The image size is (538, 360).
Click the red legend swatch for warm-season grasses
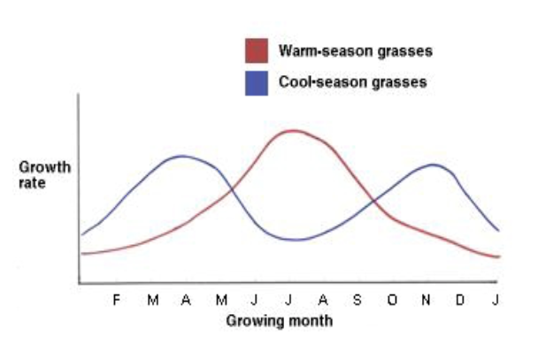click(x=257, y=50)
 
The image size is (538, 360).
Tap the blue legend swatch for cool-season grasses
click(x=257, y=83)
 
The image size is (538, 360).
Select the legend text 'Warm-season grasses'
click(x=356, y=51)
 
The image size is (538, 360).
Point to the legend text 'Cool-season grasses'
click(x=353, y=82)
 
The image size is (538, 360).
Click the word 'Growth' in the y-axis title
click(x=45, y=167)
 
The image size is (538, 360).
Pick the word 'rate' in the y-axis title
click(x=32, y=183)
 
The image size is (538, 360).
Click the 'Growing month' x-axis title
click(x=280, y=321)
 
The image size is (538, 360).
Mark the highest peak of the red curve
click(x=292, y=131)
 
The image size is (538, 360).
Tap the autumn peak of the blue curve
click(x=433, y=165)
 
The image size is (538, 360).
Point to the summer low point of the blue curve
click(x=296, y=240)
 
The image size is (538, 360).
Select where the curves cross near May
click(x=232, y=188)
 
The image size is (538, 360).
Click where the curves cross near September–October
click(x=374, y=202)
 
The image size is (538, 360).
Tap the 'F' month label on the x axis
click(x=116, y=300)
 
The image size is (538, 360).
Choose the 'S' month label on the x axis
click(x=357, y=300)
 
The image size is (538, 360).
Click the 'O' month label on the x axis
click(x=392, y=300)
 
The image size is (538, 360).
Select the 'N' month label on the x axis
click(x=426, y=300)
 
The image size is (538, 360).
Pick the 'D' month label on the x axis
click(x=460, y=300)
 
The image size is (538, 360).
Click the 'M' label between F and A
click(x=153, y=300)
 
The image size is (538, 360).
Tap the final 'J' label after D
click(x=496, y=300)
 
